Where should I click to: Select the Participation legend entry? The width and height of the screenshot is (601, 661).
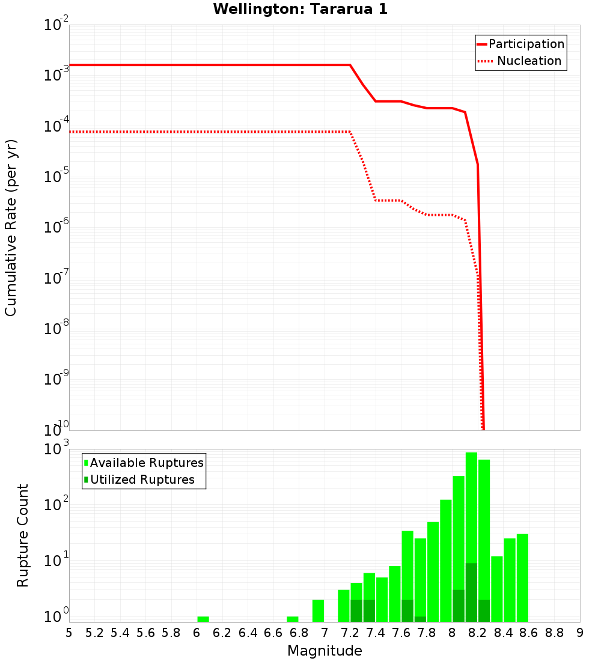click(x=526, y=44)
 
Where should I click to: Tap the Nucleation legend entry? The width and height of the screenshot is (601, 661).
click(x=529, y=61)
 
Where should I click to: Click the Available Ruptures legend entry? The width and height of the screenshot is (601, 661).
click(x=147, y=463)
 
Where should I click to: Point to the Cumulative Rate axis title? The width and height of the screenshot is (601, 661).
click(x=11, y=227)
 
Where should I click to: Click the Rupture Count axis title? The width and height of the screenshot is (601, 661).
click(x=23, y=535)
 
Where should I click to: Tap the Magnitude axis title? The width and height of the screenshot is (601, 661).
click(x=325, y=651)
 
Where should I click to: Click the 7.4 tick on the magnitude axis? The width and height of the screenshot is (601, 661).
click(x=376, y=633)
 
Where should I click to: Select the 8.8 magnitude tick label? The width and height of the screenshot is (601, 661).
click(x=554, y=633)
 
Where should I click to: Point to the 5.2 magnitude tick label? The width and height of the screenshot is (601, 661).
click(x=94, y=633)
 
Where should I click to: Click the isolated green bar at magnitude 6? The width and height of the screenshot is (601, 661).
click(x=203, y=619)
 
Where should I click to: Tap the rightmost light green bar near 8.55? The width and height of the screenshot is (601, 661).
click(x=522, y=577)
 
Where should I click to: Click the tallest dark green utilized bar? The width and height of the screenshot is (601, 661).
click(x=471, y=592)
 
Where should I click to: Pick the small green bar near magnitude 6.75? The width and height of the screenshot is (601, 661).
click(x=293, y=619)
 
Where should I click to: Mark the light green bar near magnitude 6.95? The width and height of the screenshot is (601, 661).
click(x=318, y=611)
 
